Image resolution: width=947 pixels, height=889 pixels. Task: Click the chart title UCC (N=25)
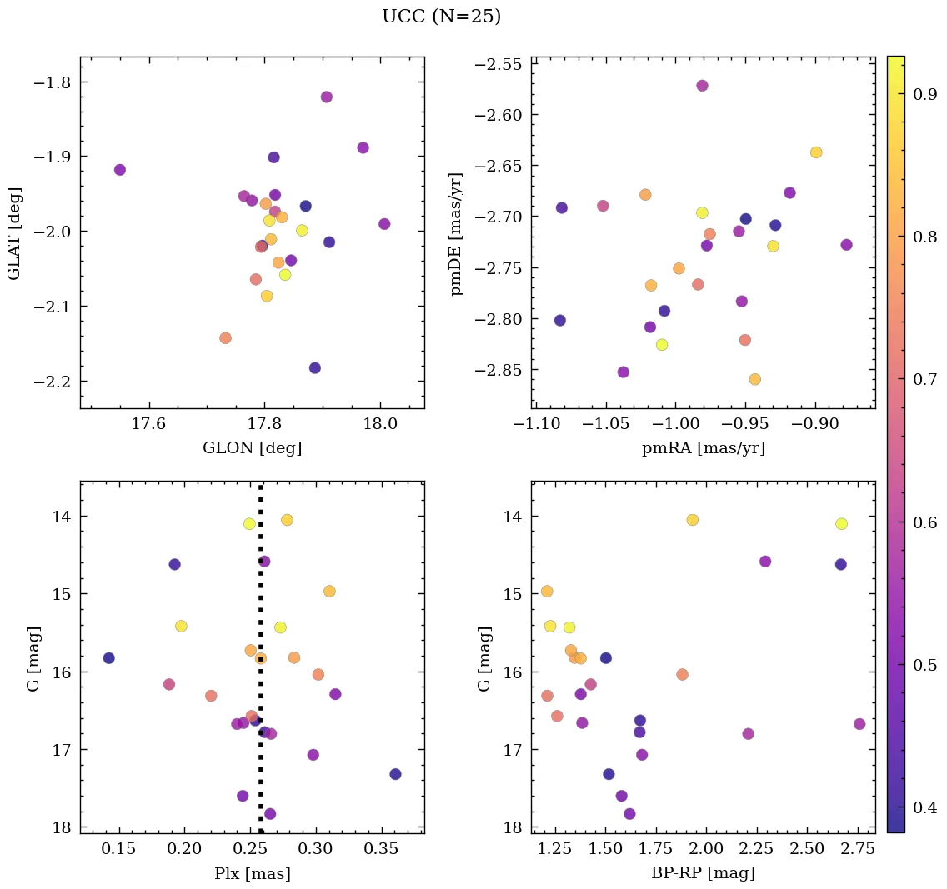[441, 17]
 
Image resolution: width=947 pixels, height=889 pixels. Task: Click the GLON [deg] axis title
[252, 448]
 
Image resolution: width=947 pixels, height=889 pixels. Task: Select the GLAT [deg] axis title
[14, 232]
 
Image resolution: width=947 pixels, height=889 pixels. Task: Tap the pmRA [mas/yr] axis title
[703, 448]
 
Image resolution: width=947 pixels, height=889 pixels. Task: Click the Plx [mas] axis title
[252, 874]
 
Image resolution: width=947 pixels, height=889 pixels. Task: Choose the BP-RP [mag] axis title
[703, 874]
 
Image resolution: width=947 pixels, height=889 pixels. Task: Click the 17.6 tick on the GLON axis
[148, 425]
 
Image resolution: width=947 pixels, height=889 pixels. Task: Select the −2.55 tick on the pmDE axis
[502, 64]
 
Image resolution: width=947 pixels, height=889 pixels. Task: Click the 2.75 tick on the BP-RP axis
[859, 851]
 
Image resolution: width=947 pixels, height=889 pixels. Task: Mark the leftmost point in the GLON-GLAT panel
[120, 170]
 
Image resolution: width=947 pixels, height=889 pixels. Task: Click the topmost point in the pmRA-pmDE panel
[702, 86]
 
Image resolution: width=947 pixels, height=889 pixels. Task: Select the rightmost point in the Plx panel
[395, 774]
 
